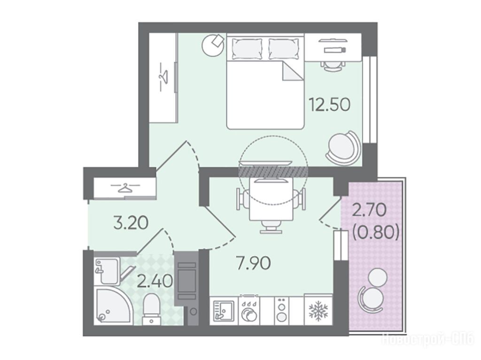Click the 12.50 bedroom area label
point(329,104)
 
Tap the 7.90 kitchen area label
point(254,263)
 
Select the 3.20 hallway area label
point(131,223)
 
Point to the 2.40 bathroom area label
point(155,281)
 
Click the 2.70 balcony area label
point(369,211)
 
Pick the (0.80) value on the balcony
point(376,233)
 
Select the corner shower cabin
point(113,305)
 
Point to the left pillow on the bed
point(247,48)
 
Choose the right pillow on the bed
point(283,48)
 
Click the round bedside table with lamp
point(212,45)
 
